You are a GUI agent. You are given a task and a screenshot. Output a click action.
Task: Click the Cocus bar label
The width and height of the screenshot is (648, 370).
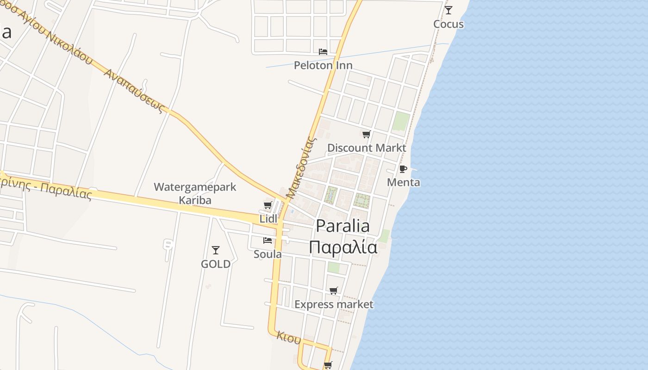click(x=448, y=24)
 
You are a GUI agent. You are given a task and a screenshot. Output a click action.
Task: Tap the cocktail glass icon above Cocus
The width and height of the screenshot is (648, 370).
click(x=448, y=10)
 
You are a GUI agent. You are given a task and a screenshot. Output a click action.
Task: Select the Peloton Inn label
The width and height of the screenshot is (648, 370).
click(x=323, y=65)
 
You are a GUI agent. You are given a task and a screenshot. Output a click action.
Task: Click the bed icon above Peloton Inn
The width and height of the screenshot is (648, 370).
click(x=323, y=51)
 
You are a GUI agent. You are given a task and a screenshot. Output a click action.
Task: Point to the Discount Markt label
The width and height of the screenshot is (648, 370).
click(x=367, y=148)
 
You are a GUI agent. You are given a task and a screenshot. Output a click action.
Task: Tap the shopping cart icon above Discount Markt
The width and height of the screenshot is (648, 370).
click(x=366, y=134)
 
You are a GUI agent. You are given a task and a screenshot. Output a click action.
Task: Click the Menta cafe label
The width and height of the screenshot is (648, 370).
click(x=403, y=182)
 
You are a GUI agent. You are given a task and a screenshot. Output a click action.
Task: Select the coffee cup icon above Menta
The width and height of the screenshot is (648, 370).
click(x=403, y=168)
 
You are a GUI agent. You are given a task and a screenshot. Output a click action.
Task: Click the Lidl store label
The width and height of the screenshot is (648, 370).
click(x=268, y=219)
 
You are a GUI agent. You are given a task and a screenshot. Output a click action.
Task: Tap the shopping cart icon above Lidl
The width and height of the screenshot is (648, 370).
click(x=268, y=205)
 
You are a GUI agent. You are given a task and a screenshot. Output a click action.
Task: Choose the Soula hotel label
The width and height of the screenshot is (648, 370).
click(x=268, y=254)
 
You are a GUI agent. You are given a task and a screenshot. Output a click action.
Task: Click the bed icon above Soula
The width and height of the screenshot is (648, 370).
click(x=267, y=240)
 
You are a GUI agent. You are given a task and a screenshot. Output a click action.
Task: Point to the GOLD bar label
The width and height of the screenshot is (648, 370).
click(x=215, y=264)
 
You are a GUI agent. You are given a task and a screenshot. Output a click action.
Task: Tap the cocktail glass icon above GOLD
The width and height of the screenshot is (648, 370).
click(x=215, y=250)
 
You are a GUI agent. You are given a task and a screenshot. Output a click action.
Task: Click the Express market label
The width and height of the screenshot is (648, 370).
click(x=334, y=304)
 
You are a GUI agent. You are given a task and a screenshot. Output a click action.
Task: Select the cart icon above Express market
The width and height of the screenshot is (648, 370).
click(x=333, y=290)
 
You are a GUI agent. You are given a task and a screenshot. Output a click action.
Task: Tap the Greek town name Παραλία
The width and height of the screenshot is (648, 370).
click(x=343, y=247)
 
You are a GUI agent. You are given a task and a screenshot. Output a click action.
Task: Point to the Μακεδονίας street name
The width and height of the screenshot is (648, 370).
click(x=301, y=167)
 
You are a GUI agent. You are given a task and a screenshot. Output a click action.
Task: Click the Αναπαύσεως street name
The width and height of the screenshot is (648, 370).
click(x=134, y=91)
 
